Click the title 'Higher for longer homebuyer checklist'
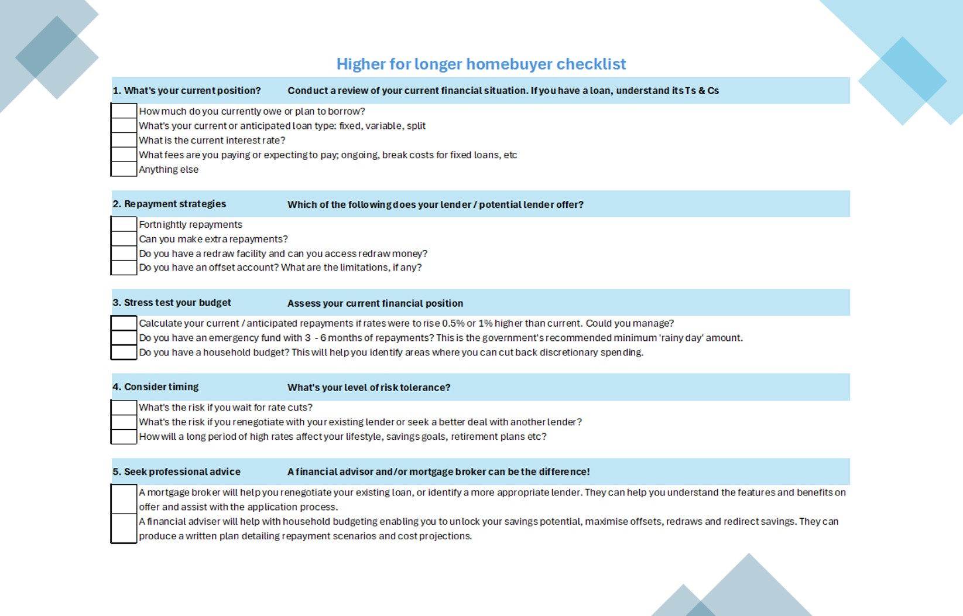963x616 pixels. click(481, 64)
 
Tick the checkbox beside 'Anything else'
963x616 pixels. click(124, 169)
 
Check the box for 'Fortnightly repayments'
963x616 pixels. click(124, 224)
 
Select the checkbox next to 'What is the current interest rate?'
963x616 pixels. click(124, 140)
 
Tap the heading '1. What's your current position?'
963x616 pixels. click(187, 91)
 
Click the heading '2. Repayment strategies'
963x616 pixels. click(169, 204)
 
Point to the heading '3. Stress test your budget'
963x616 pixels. click(172, 303)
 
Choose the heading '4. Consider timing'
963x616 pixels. click(156, 387)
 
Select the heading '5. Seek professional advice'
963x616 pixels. click(176, 472)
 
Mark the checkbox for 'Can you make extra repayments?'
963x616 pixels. click(124, 239)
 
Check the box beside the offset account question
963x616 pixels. click(124, 268)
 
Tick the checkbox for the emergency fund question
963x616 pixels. click(124, 338)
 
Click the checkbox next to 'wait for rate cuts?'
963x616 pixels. click(124, 408)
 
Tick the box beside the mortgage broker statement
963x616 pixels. click(124, 499)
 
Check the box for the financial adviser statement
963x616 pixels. click(124, 529)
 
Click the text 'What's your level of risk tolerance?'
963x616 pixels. click(369, 388)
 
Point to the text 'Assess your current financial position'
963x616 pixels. click(375, 303)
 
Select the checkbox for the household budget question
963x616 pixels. click(124, 353)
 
